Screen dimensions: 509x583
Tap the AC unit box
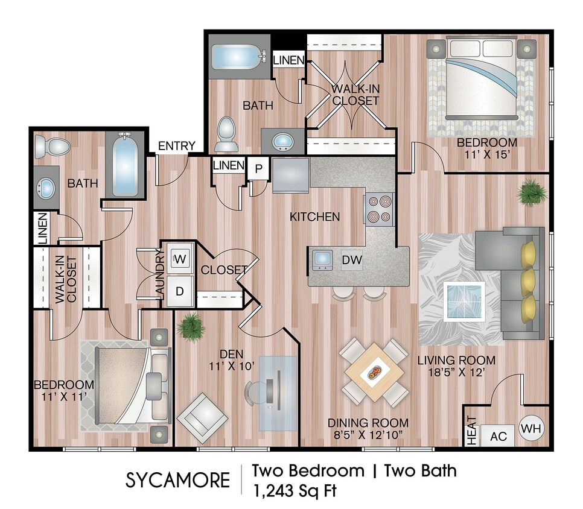click(498, 435)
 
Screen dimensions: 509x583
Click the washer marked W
click(180, 259)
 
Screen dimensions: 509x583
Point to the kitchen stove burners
click(378, 209)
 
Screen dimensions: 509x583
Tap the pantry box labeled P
click(258, 168)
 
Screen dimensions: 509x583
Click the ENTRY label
click(176, 146)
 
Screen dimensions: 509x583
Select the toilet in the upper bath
click(227, 133)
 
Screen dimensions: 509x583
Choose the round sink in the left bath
click(44, 187)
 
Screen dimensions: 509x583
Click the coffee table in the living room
click(464, 301)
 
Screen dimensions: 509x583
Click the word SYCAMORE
click(177, 481)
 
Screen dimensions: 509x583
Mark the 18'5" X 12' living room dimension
click(457, 373)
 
